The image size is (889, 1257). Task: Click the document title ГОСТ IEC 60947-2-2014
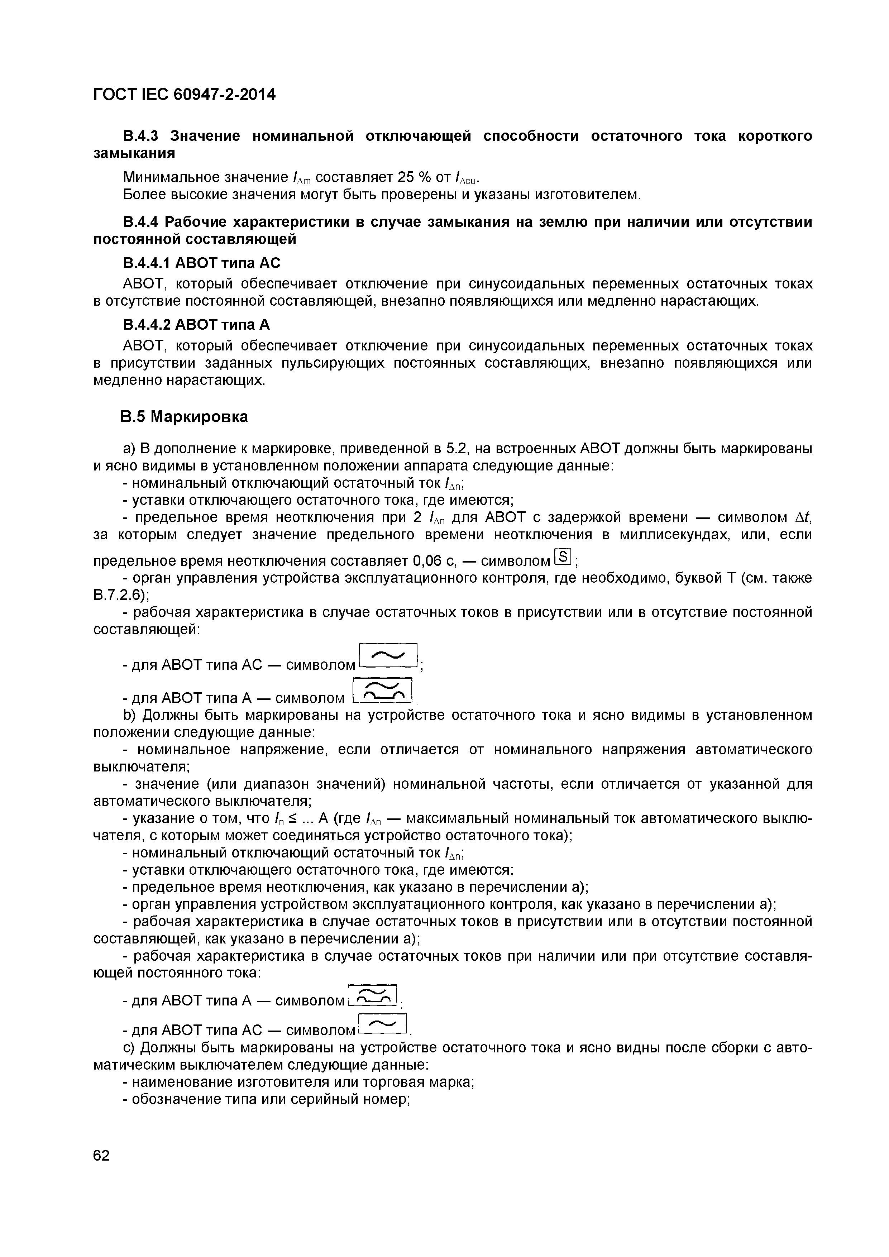(185, 95)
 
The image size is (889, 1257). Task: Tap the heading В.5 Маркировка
(184, 417)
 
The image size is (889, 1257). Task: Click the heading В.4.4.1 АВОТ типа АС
(201, 263)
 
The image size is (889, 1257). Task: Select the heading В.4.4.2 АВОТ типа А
(196, 325)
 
